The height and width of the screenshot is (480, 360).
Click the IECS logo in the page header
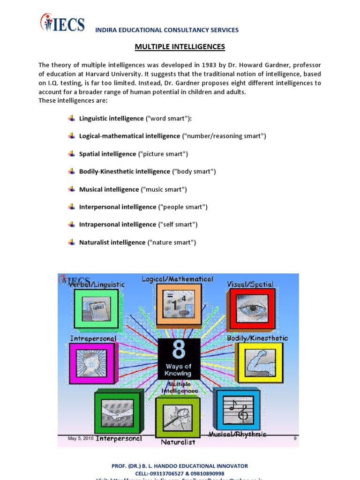(62, 23)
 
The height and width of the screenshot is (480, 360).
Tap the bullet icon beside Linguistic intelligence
(71, 118)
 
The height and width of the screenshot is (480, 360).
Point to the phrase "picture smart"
(163, 154)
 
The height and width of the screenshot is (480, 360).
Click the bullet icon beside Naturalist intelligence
(71, 242)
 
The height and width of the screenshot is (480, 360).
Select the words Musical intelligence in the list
(109, 189)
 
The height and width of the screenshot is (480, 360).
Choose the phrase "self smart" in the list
(178, 225)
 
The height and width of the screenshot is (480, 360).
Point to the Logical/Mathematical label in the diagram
(178, 279)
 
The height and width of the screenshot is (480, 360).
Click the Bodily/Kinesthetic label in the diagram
(257, 338)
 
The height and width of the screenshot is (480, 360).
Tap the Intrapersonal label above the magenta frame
(93, 338)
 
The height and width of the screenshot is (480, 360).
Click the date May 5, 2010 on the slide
(81, 438)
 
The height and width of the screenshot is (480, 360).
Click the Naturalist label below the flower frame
(178, 442)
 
